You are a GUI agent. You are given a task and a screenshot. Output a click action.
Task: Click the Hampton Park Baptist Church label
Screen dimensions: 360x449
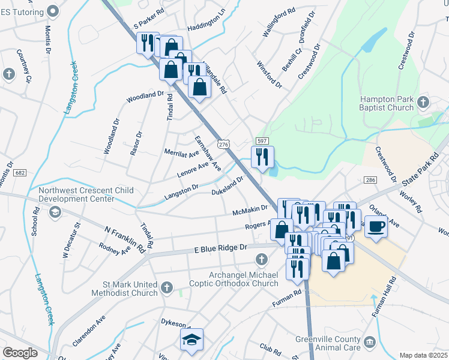coord(386,103)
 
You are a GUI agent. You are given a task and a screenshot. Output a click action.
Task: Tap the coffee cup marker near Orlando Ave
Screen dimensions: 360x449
coord(376,228)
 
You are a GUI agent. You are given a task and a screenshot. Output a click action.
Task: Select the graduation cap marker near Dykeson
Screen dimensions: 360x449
coord(192,340)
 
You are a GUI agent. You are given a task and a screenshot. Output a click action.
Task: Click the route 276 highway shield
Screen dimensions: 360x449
coord(223,145)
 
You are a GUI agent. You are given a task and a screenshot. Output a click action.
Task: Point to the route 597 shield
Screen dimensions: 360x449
coord(262,140)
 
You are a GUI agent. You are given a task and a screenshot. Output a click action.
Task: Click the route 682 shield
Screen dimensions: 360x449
coord(20,173)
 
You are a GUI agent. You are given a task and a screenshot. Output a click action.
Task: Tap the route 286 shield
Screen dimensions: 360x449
coord(370,180)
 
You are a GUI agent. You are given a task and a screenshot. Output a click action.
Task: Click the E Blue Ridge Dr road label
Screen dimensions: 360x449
coord(220,248)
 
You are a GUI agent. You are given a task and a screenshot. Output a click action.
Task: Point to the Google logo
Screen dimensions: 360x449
coord(20,352)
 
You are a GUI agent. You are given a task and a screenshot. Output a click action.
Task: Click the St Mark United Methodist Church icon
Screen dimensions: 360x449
coord(167,289)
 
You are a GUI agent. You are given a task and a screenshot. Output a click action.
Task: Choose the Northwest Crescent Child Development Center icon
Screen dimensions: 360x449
coord(55,211)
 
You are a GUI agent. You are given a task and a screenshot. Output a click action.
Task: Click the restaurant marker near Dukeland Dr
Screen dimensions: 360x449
coord(262,158)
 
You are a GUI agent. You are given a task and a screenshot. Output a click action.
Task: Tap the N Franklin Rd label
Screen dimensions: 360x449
coord(124,238)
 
